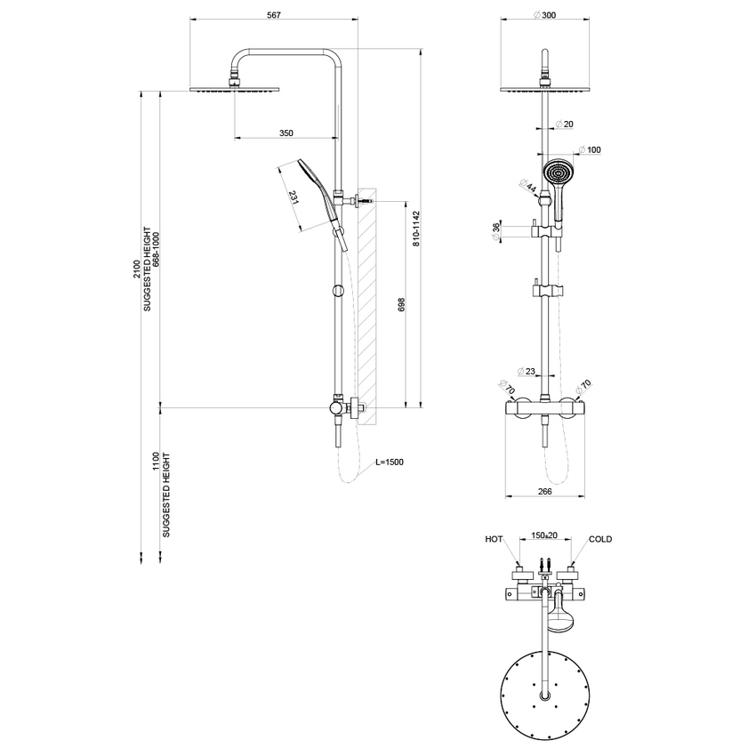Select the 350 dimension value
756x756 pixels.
pyautogui.click(x=286, y=133)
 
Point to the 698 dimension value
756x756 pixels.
pyautogui.click(x=401, y=305)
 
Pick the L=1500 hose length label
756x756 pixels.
pyautogui.click(x=389, y=462)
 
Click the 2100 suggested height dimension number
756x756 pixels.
pyautogui.click(x=136, y=269)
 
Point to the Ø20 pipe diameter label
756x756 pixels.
pyautogui.click(x=562, y=124)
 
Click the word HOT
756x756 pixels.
pyautogui.click(x=494, y=539)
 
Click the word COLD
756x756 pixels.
pyautogui.click(x=600, y=539)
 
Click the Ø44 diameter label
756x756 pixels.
pyautogui.click(x=529, y=186)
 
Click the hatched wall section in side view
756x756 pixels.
pyautogui.click(x=366, y=302)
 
